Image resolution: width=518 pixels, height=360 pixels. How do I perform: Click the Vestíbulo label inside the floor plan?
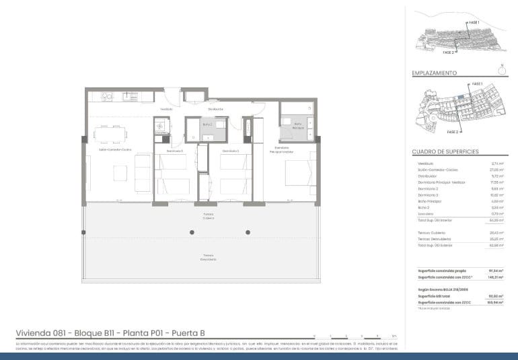coord(166,109)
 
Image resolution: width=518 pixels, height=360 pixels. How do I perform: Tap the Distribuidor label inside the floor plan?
coord(215,109)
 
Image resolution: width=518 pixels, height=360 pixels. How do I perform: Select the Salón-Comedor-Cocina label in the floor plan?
coord(115,150)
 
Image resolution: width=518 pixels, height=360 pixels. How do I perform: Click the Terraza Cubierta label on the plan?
coord(208,217)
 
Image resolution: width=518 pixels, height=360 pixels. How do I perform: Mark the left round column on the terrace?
coord(192,232)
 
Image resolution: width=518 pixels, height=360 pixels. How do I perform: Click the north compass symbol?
coord(501,67)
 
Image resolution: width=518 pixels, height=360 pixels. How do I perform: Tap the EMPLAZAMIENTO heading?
coord(435,73)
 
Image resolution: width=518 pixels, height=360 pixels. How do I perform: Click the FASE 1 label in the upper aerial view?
coord(474,23)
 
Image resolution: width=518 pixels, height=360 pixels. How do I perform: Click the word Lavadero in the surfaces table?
coord(425,214)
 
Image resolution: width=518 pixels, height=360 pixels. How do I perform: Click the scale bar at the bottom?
coord(354,335)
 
